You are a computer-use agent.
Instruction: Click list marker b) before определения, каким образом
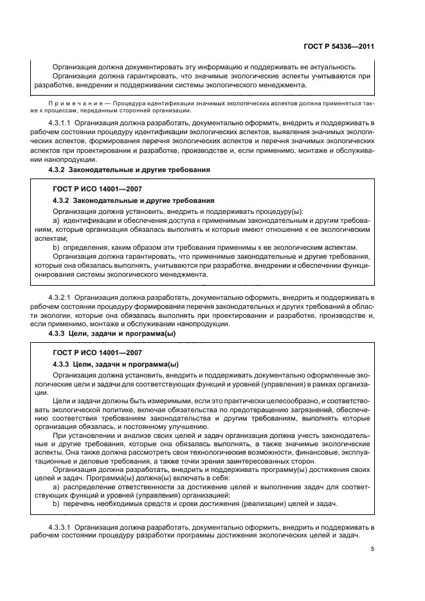point(57,247)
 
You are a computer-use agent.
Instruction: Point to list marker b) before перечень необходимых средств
point(57,505)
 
